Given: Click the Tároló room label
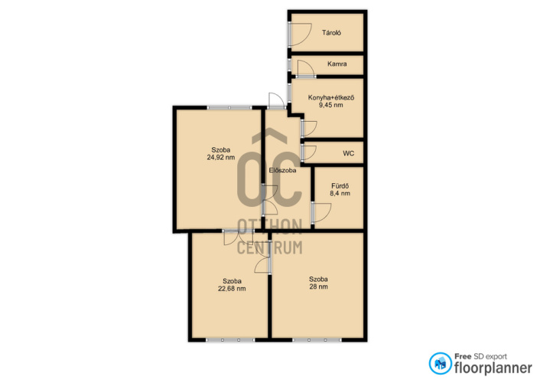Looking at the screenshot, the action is coord(331,33).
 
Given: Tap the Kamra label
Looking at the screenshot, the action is coord(337,64).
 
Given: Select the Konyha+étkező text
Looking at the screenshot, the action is coord(331,97).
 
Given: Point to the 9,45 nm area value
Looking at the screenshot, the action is coord(330,105).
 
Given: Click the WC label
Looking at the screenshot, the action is coord(348,153).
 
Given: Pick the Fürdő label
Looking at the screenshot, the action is coord(340,186).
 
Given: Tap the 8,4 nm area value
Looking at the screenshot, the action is coord(340,193).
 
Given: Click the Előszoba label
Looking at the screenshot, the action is coord(282,170).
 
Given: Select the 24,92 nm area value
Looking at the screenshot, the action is coord(221,157).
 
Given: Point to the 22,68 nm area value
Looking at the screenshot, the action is coord(232,289).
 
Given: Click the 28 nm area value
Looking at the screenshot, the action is coord(318,286).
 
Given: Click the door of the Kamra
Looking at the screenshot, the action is coord(306,69).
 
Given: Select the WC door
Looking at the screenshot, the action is coord(309,153).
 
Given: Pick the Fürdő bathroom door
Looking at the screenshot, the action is coord(321,212).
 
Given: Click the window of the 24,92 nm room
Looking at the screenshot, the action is coord(229,108).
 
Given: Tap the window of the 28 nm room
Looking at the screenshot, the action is coord(317,340).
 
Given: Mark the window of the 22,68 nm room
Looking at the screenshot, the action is coord(230,340).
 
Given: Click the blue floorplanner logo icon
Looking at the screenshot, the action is coord(440,363).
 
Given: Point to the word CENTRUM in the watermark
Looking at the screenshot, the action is coord(270,247).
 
